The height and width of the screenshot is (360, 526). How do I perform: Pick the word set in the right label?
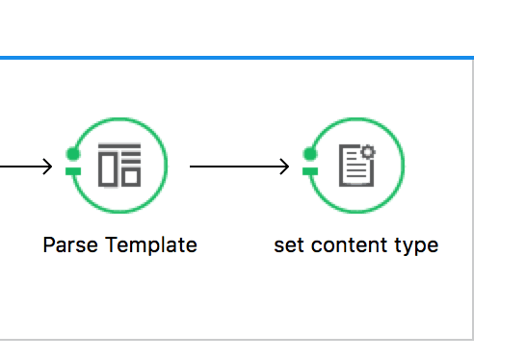[x=285, y=244]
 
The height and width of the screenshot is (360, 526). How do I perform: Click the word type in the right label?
[x=416, y=245]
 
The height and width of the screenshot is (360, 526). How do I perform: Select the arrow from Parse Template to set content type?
[x=236, y=167]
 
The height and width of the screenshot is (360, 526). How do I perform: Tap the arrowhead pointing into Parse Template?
[x=46, y=167]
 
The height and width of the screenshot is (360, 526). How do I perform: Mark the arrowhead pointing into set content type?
[x=283, y=167]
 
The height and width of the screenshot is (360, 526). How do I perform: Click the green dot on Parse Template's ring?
[x=71, y=153]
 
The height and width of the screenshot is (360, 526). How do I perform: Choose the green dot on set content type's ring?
[x=309, y=153]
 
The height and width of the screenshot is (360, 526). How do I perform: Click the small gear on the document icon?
[x=367, y=153]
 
